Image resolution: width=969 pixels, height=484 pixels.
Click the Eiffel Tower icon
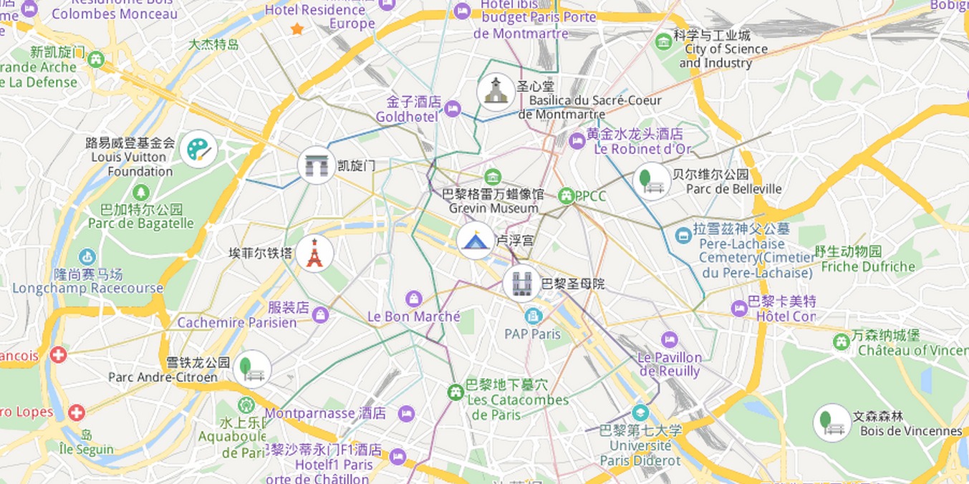click(x=314, y=253)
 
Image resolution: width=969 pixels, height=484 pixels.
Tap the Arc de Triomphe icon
click(x=316, y=165)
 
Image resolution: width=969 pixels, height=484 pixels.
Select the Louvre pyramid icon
click(x=475, y=241)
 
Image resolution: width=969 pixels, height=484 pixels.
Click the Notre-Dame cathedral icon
click(x=521, y=284)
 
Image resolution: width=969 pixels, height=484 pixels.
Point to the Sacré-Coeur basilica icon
click(x=496, y=92)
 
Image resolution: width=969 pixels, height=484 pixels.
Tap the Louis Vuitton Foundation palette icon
click(x=198, y=150)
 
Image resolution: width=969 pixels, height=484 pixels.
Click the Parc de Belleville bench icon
click(x=651, y=180)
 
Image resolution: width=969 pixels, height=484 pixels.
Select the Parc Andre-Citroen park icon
click(x=251, y=369)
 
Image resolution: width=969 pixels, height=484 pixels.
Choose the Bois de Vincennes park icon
click(x=831, y=422)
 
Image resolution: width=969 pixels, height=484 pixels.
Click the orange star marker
click(x=297, y=29)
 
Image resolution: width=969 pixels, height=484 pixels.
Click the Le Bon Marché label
click(x=414, y=316)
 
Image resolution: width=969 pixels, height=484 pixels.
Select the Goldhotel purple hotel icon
click(x=452, y=109)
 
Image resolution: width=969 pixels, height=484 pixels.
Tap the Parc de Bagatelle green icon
click(x=140, y=192)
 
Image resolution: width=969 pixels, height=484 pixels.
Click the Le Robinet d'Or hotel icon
click(x=577, y=141)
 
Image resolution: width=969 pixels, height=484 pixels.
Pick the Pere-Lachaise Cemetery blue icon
click(x=683, y=235)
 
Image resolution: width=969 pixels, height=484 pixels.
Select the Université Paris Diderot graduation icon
click(x=640, y=413)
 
